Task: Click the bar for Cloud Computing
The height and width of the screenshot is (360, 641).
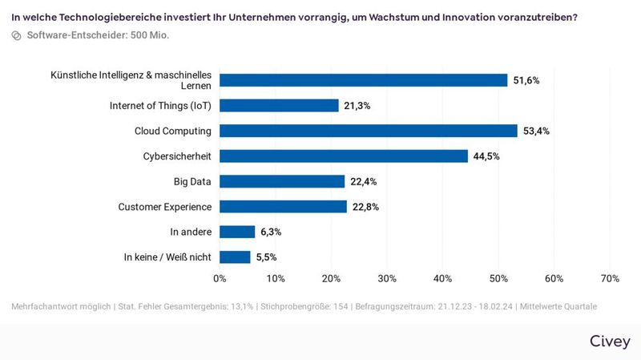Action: [x=369, y=131]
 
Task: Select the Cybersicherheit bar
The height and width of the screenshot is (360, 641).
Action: [x=344, y=156]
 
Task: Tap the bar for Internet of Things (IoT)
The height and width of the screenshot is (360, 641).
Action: [x=279, y=105]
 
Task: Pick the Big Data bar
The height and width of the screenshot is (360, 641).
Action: [x=282, y=181]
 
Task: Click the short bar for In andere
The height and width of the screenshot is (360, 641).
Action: [x=237, y=232]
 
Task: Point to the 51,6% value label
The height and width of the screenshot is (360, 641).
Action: [x=526, y=80]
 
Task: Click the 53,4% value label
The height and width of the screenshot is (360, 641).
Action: [x=536, y=131]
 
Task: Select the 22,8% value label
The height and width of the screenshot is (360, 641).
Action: [x=365, y=207]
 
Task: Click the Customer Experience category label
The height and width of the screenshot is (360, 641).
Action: [x=164, y=207]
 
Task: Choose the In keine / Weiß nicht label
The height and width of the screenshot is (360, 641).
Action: [x=167, y=257]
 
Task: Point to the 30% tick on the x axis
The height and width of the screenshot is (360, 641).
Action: [x=387, y=278]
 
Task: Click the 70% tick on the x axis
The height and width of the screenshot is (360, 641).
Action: [x=610, y=278]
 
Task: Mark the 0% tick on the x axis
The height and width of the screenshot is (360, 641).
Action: [x=220, y=278]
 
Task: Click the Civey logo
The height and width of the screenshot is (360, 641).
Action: [x=610, y=342]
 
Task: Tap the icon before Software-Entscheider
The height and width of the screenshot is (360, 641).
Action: [x=16, y=36]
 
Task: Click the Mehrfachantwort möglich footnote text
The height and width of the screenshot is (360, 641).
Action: [x=60, y=307]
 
